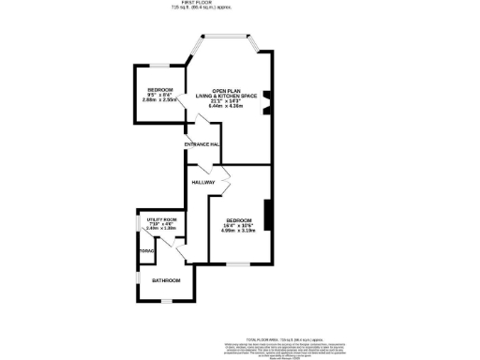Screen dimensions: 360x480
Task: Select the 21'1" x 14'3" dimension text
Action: [x=226, y=101]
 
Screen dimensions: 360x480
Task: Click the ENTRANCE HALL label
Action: [x=202, y=144]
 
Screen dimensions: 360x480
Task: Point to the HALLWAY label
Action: [x=203, y=181]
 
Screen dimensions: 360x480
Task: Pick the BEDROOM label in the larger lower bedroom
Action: [x=239, y=219]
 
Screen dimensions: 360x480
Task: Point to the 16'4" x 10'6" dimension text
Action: [x=239, y=225]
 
